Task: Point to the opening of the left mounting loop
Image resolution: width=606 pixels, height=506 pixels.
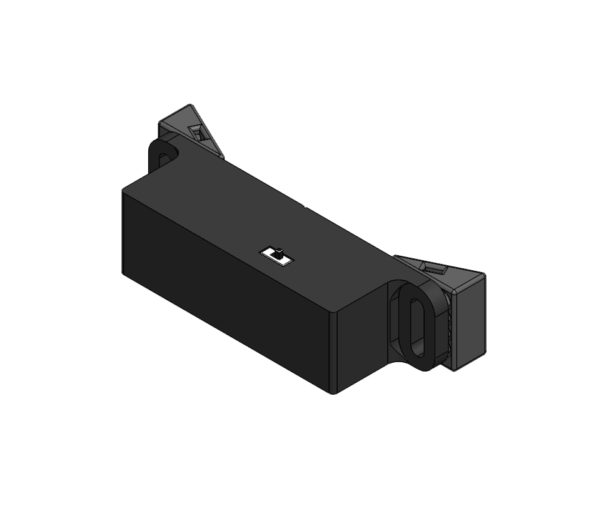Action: (x=165, y=156)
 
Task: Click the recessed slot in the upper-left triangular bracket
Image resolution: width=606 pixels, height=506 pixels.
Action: (x=198, y=133)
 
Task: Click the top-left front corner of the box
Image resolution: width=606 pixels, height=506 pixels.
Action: (x=123, y=191)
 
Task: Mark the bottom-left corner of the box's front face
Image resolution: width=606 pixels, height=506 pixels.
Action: (x=123, y=271)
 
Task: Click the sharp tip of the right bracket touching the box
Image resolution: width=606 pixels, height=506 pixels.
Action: (x=395, y=256)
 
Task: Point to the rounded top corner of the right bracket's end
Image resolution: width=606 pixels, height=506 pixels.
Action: (x=483, y=275)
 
